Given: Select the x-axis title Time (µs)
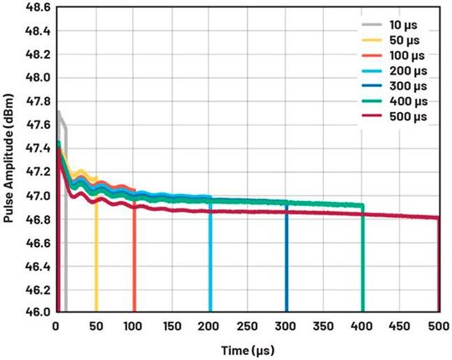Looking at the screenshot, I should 247,347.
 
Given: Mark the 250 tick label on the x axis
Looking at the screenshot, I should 247,326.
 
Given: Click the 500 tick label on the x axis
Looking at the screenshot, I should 437,326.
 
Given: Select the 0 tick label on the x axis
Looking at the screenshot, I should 56,326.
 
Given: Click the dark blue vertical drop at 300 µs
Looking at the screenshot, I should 286,260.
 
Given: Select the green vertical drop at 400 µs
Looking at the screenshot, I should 362,260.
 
